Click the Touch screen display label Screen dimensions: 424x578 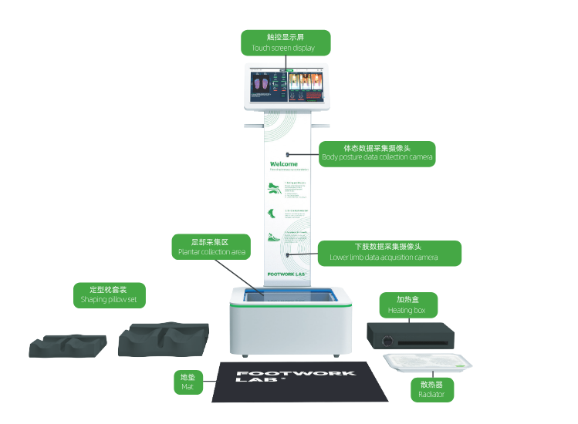click(286, 42)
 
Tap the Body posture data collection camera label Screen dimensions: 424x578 click(377, 153)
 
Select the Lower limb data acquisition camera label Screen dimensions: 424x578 click(389, 252)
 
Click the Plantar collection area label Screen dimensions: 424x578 click(211, 247)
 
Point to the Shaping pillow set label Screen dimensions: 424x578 click(113, 294)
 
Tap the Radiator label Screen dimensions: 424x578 click(431, 389)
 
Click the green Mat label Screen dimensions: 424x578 click(188, 382)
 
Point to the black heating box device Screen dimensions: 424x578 click(409, 336)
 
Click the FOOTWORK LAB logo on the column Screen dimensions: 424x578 click(287, 273)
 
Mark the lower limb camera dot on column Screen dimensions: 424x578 click(288, 252)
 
